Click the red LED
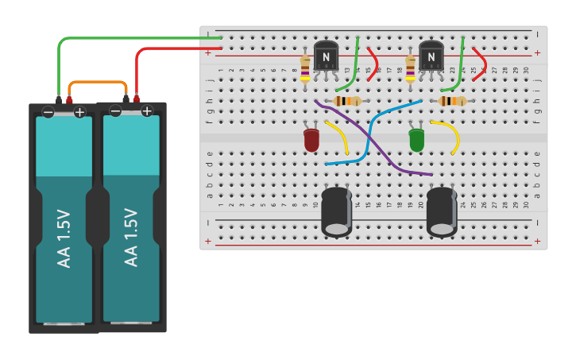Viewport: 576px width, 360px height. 311,141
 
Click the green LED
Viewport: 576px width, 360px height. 416,141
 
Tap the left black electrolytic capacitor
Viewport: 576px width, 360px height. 337,211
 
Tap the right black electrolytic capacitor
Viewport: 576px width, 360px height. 442,211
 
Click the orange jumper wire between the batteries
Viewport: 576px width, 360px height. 98,82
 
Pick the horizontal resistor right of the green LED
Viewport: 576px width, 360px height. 452,101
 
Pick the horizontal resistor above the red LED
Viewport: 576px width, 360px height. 347,101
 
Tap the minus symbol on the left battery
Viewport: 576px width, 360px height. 48,112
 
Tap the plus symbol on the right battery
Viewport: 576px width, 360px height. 147,111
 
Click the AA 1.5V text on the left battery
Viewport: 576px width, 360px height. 64,238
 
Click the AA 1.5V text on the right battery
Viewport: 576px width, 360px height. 131,237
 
